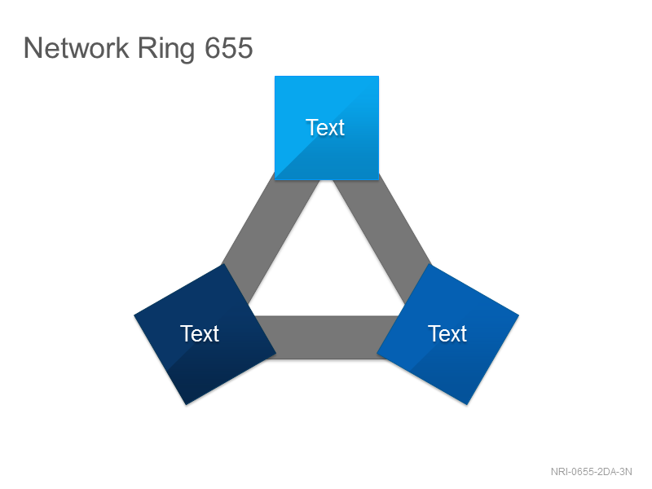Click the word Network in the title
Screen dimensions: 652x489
pyautogui.click(x=76, y=48)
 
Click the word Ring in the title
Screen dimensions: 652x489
pyautogui.click(x=166, y=49)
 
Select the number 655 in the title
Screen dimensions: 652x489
pyautogui.click(x=229, y=48)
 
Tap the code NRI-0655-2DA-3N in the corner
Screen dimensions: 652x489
pyautogui.click(x=592, y=472)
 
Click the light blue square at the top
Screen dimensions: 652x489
pyautogui.click(x=327, y=128)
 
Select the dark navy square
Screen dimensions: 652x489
pyautogui.click(x=205, y=334)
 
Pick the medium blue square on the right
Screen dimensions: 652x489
pyautogui.click(x=447, y=334)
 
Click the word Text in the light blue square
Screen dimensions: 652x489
pyautogui.click(x=325, y=127)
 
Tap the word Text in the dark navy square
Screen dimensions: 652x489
pyautogui.click(x=200, y=333)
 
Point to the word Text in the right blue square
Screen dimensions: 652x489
pyautogui.click(x=447, y=333)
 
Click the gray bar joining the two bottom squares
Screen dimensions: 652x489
pyautogui.click(x=327, y=337)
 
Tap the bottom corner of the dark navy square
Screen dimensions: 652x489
pyautogui.click(x=186, y=405)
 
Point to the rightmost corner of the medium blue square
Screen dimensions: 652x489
pyautogui.click(x=519, y=315)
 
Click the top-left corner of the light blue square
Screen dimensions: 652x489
pyautogui.click(x=275, y=76)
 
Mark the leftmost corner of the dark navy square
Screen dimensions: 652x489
pyautogui.click(x=134, y=315)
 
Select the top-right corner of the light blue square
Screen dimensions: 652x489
pyautogui.click(x=379, y=76)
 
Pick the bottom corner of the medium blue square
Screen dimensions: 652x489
pyautogui.click(x=467, y=405)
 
